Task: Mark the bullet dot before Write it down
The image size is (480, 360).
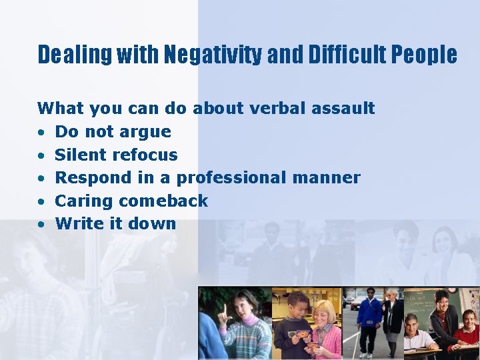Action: pos(41,224)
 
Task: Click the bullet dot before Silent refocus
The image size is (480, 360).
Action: pos(41,155)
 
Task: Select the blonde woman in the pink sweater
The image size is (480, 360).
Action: pos(324,330)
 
